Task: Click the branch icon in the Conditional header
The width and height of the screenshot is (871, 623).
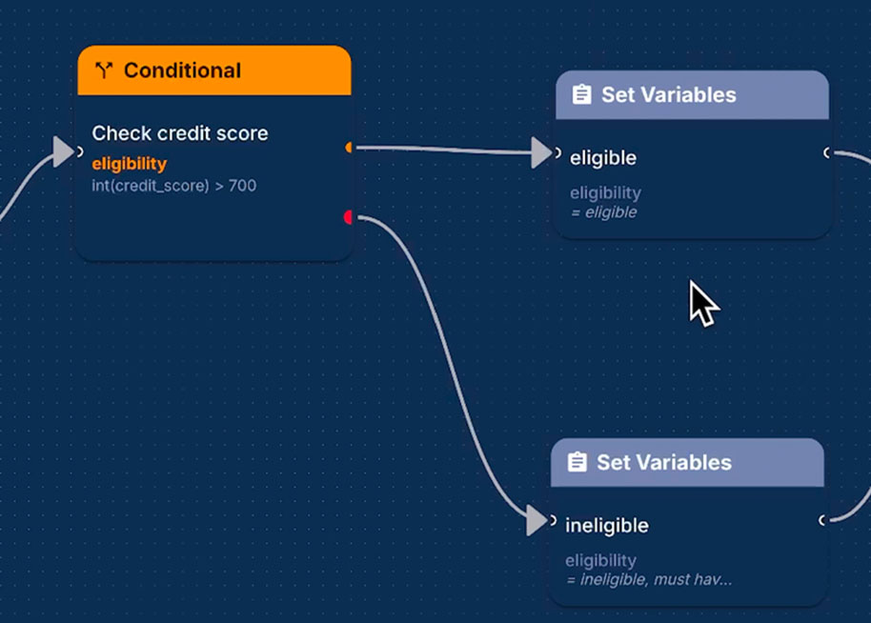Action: coord(104,70)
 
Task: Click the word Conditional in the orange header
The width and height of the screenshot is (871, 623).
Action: coord(182,70)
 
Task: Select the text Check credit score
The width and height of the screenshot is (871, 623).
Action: coord(179,133)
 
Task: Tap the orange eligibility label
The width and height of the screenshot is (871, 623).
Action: coord(129,164)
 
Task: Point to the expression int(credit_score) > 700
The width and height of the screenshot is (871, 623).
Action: coord(173,186)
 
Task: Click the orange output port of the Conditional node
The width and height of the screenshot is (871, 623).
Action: coord(350,148)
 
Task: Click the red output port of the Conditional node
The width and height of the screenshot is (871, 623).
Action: coord(349,217)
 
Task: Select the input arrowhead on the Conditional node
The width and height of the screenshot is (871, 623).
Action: coord(64,151)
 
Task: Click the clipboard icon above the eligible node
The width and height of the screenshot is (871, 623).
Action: coord(580,95)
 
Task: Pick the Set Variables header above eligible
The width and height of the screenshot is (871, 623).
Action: coord(668,95)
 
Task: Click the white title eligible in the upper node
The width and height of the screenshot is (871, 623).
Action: coord(602,158)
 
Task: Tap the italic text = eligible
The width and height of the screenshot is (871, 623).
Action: coord(602,212)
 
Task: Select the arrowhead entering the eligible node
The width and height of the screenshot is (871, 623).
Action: coord(541,152)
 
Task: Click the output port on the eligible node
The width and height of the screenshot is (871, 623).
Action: coord(827,152)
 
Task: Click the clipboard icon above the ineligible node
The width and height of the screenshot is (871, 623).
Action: coord(577,463)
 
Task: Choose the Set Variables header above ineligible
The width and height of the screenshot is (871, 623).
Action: coord(663,463)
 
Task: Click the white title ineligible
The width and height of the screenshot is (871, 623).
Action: coord(606,526)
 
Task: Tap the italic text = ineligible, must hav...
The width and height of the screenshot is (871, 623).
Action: coord(648,579)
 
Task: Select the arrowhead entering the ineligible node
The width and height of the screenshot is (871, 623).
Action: coord(537,521)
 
